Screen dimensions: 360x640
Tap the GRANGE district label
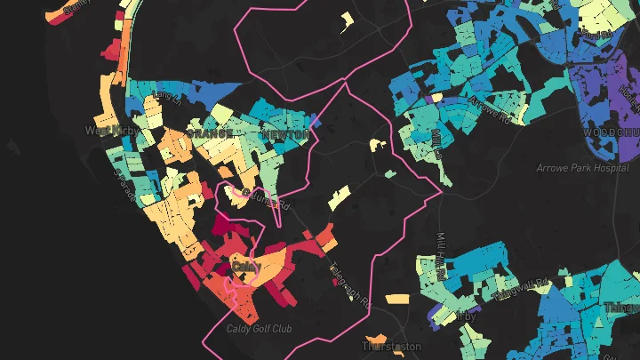210,133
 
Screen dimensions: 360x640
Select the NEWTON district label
286,134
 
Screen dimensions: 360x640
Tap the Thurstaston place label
389,345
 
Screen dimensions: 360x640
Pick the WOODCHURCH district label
612,132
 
